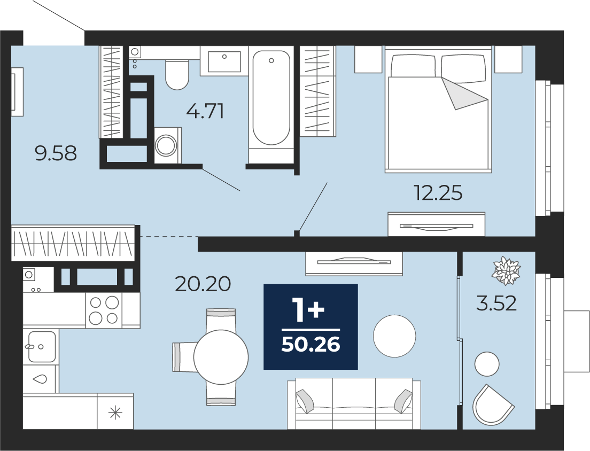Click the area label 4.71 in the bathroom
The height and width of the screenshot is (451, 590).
[x=205, y=111]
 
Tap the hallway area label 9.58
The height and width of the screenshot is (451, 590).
[x=56, y=153]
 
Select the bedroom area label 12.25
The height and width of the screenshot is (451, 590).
[x=438, y=193]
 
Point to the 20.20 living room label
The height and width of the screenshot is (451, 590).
[x=203, y=284]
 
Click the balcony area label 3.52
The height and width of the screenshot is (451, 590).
[x=496, y=303]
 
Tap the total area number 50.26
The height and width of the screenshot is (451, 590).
[x=311, y=345]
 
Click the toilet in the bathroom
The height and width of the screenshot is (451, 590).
[x=177, y=74]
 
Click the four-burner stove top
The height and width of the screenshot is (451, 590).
[x=104, y=310]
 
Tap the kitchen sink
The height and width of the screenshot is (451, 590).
[x=42, y=346]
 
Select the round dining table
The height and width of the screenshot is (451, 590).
[x=221, y=357]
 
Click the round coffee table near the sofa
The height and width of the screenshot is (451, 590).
[x=394, y=336]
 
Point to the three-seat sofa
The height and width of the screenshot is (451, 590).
[x=354, y=403]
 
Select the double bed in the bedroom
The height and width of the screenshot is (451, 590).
[x=438, y=109]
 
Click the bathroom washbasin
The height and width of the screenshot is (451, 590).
[x=224, y=61]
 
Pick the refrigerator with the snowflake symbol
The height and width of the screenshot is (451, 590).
[x=115, y=411]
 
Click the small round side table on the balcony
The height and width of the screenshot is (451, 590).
[x=487, y=364]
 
